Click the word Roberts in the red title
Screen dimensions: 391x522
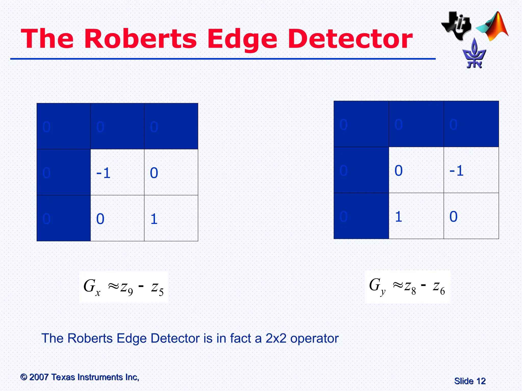click(140, 39)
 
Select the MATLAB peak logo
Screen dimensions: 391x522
click(493, 27)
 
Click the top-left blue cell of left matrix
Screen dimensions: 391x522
click(64, 126)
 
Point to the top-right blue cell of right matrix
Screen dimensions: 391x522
click(471, 124)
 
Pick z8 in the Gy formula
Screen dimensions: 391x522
click(410, 287)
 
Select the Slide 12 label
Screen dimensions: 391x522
click(470, 381)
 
